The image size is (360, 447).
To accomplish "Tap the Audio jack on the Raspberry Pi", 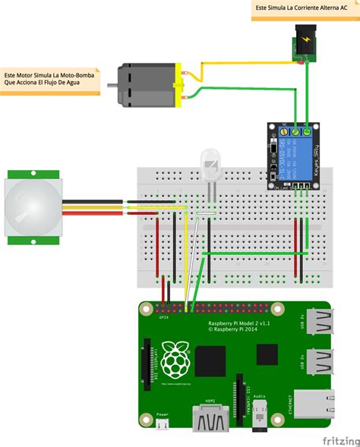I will tap(261, 418).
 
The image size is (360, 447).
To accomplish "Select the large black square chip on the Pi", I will tap(213, 360).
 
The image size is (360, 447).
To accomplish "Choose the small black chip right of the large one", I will tap(267, 354).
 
